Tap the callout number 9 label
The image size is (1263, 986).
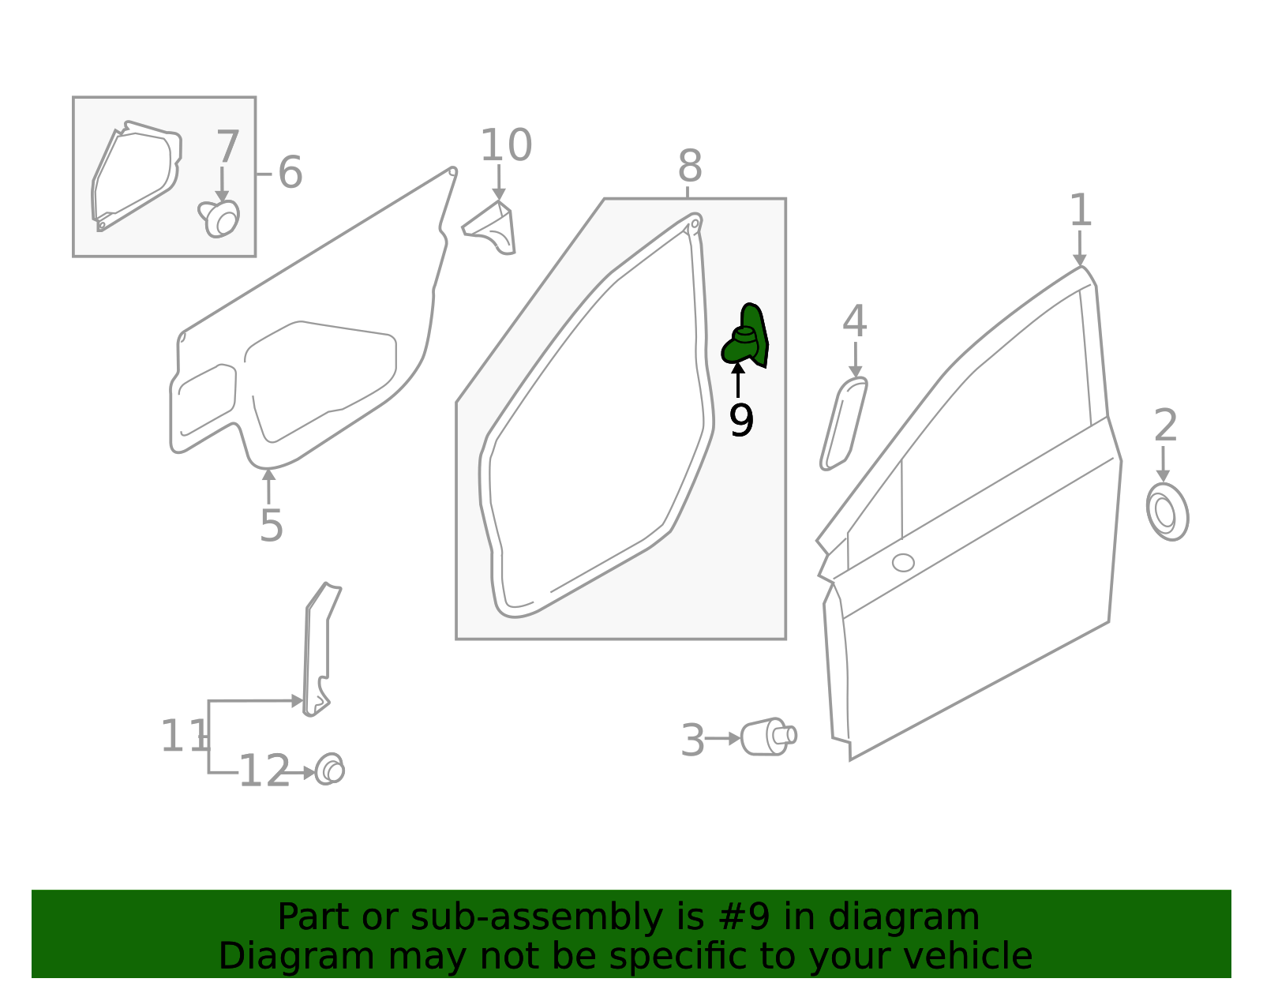[x=741, y=421]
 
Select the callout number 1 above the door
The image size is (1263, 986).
[x=1080, y=211]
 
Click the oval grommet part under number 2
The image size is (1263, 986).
[x=1167, y=512]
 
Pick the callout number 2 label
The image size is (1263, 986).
[x=1165, y=426]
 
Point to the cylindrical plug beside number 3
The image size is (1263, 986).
[x=767, y=737]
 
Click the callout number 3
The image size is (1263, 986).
[x=692, y=740]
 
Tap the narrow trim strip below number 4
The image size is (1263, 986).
[x=842, y=423]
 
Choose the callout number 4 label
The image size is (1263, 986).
[x=854, y=321]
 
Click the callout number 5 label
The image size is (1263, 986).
[x=271, y=526]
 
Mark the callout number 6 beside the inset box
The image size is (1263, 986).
[x=290, y=172]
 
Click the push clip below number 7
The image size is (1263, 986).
[x=220, y=218]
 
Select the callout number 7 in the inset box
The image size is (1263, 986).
[x=227, y=147]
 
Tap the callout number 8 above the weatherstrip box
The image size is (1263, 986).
[x=689, y=167]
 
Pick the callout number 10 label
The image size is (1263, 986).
[x=506, y=146]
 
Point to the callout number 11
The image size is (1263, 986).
[x=183, y=737]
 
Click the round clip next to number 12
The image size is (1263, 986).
[x=330, y=770]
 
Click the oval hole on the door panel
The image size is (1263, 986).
[x=903, y=563]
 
